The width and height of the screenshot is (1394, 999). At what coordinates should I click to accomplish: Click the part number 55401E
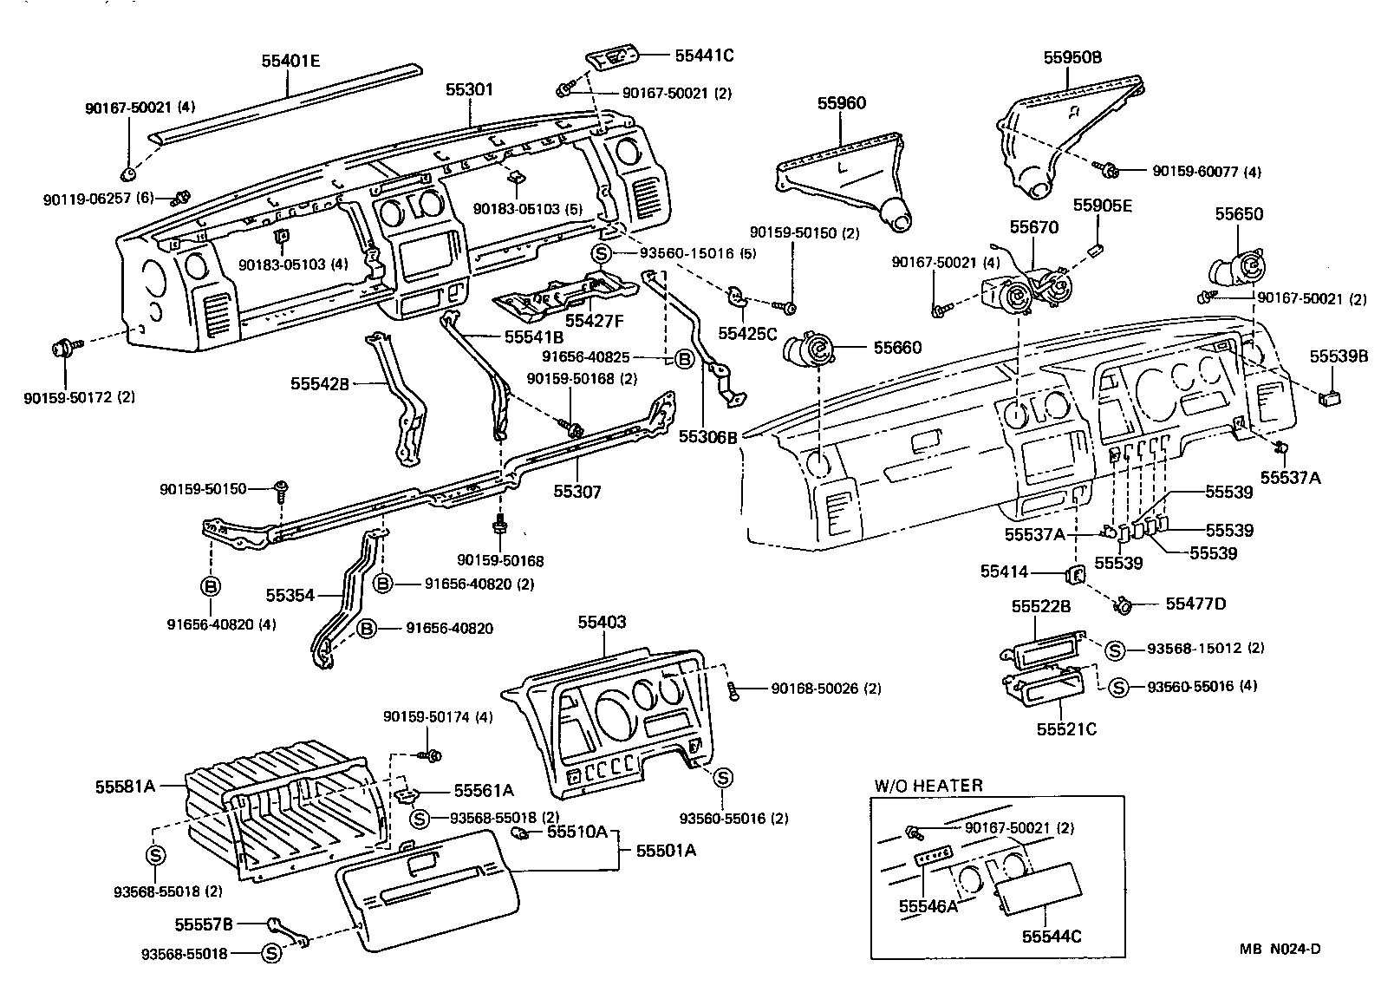coord(290,61)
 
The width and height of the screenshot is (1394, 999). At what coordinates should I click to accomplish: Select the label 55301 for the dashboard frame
coord(470,89)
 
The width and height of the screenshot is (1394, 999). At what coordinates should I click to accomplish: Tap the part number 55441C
coord(704,55)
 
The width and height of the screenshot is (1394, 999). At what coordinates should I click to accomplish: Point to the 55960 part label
coord(841,103)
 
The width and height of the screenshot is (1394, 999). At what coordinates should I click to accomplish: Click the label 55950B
coord(1072,57)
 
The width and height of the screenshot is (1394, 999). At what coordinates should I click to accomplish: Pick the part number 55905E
coord(1103,206)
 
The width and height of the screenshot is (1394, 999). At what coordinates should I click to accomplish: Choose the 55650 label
coord(1239,214)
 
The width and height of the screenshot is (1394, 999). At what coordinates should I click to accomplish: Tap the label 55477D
coord(1195,604)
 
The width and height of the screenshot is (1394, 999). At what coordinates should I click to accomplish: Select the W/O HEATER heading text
coord(928,786)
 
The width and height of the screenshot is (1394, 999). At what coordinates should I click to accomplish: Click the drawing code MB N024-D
coord(1280,949)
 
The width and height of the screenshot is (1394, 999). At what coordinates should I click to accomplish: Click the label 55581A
coord(125,787)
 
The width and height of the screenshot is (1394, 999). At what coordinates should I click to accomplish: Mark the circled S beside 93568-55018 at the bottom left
coord(271,954)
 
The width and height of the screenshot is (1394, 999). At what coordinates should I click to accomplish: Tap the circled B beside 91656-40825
coord(684,358)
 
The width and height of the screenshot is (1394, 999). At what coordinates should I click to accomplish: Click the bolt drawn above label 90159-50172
coord(64,349)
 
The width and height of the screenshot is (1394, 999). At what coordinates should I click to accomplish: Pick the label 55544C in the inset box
coord(1052,937)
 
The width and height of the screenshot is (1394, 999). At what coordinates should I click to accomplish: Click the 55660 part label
coord(898,348)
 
